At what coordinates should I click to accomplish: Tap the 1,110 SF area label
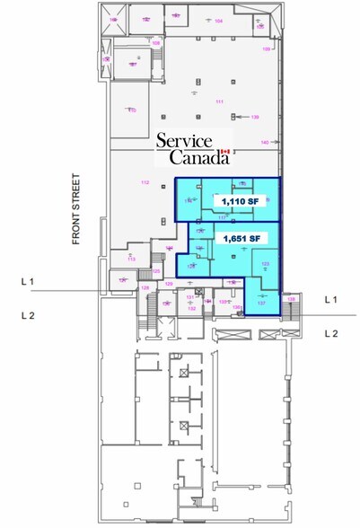coord(240,203)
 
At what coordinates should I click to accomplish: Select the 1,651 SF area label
coord(240,238)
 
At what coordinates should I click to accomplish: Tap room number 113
coord(131,259)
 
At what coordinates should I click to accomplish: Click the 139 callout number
coord(255,117)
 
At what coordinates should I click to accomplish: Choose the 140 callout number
coord(264,143)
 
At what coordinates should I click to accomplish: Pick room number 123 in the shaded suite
coord(265,263)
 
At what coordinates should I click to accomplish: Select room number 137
coord(261,303)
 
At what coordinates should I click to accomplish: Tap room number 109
coord(266,49)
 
